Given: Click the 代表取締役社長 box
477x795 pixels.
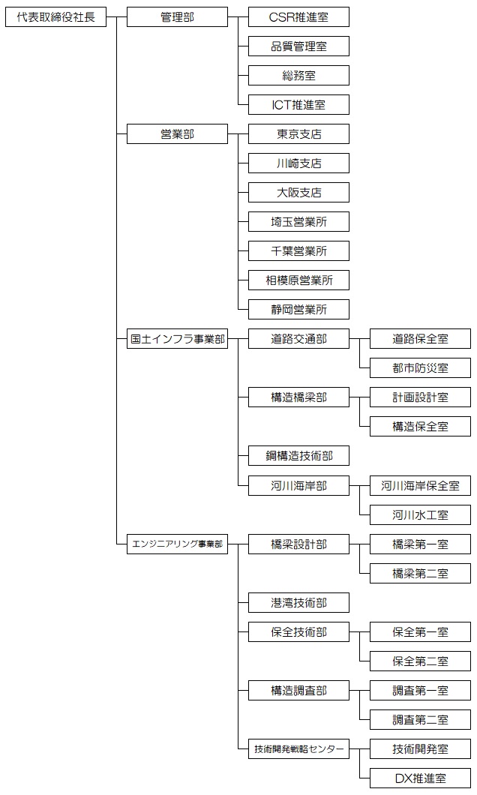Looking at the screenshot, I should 56,17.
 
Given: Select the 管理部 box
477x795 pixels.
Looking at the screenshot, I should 177,17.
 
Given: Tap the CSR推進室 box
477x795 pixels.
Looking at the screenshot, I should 298,17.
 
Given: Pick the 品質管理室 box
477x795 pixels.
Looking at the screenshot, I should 298,46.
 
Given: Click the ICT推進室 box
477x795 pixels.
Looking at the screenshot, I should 298,105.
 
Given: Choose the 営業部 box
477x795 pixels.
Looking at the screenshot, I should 177,134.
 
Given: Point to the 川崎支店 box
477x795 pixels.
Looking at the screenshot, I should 298,163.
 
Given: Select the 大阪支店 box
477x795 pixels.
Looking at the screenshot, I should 298,193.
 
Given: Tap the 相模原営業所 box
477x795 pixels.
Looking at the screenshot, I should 298,280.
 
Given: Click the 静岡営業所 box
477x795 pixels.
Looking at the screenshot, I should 298,310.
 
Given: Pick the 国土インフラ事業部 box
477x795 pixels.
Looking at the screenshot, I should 177,339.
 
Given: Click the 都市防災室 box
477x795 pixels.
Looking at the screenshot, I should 420,368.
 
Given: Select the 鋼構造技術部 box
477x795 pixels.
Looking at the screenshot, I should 298,456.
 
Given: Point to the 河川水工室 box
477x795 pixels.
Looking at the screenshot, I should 420,515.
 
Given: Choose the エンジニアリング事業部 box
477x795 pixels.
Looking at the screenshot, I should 177,544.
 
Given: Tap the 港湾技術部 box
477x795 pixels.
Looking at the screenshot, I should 298,603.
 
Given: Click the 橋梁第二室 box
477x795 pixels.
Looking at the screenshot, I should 420,574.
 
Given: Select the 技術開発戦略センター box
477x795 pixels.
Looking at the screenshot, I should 298,749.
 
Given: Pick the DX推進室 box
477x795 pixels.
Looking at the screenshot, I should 420,778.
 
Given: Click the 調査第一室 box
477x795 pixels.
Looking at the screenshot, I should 420,691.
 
